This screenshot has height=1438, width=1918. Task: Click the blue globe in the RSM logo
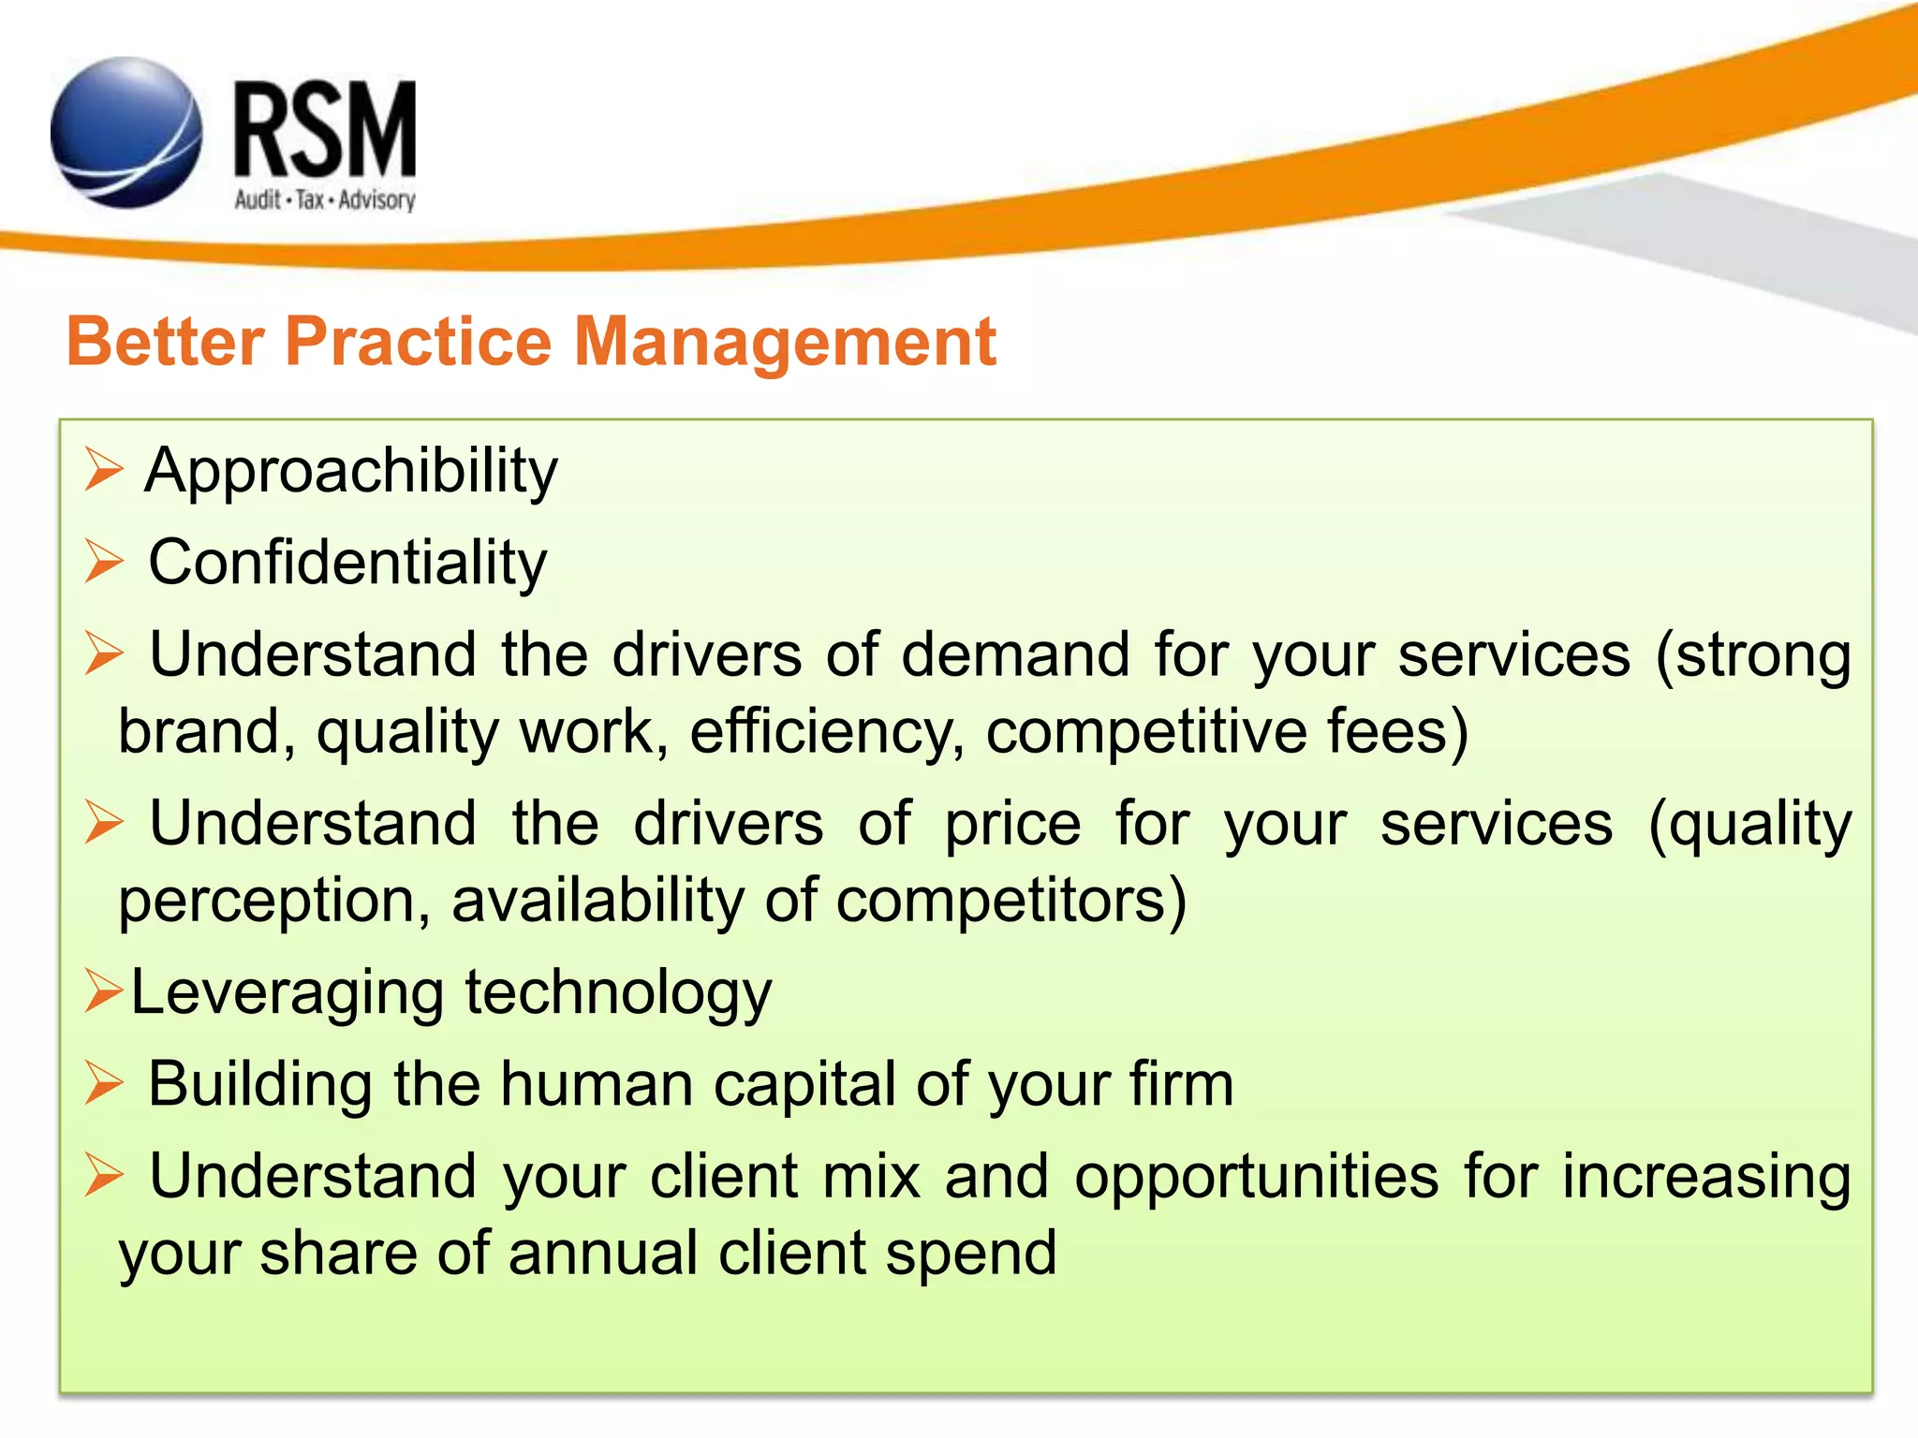[125, 133]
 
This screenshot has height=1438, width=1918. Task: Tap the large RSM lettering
[324, 131]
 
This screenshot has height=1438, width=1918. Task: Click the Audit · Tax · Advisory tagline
[324, 200]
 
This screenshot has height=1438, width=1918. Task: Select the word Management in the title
[784, 343]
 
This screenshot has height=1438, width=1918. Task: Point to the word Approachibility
[351, 471]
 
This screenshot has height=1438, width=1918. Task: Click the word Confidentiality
[347, 563]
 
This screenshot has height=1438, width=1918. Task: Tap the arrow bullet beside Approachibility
[103, 469]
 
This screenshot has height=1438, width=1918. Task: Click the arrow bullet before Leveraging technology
[102, 990]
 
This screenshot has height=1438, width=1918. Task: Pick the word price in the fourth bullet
[1012, 824]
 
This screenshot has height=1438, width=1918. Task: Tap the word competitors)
[1011, 902]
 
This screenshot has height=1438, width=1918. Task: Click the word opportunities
[1256, 1178]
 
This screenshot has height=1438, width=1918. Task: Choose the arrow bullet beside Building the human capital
[103, 1083]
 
